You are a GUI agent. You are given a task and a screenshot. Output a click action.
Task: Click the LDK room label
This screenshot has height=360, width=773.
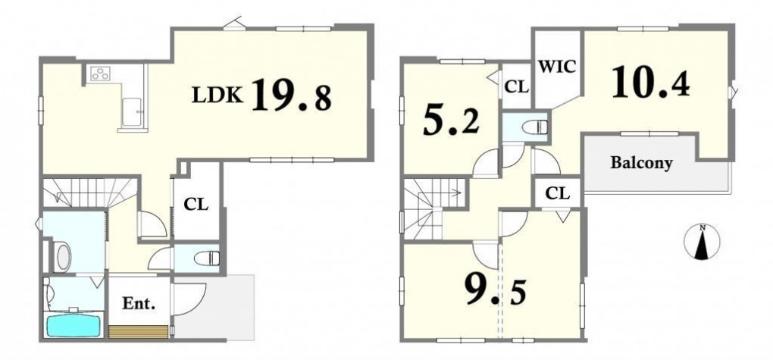click(218, 95)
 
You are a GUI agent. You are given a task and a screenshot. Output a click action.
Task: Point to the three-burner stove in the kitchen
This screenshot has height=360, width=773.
click(100, 74)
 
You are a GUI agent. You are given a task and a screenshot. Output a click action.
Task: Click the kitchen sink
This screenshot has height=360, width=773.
click(132, 111)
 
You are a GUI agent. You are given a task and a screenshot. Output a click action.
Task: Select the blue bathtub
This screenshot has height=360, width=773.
click(74, 325)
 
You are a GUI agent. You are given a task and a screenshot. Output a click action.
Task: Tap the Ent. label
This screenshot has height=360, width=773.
click(139, 304)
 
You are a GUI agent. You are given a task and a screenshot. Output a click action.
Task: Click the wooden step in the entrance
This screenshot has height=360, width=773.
click(138, 332)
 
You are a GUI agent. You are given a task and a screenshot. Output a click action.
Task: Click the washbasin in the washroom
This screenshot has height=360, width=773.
click(63, 256)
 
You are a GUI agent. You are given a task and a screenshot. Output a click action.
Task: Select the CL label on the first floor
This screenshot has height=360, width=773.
click(196, 204)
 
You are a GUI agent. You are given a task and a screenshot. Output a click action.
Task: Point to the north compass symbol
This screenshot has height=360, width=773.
click(703, 242)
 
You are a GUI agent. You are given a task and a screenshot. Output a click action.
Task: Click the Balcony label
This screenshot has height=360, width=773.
click(641, 163)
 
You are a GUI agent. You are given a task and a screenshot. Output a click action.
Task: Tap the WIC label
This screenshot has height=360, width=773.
click(557, 67)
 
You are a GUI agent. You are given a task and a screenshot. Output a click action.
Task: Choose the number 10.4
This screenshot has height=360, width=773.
click(651, 83)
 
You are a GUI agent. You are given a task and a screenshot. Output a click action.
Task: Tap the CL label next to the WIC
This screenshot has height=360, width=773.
click(517, 88)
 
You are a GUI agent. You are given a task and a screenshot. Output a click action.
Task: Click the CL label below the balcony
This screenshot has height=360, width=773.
click(558, 194)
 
